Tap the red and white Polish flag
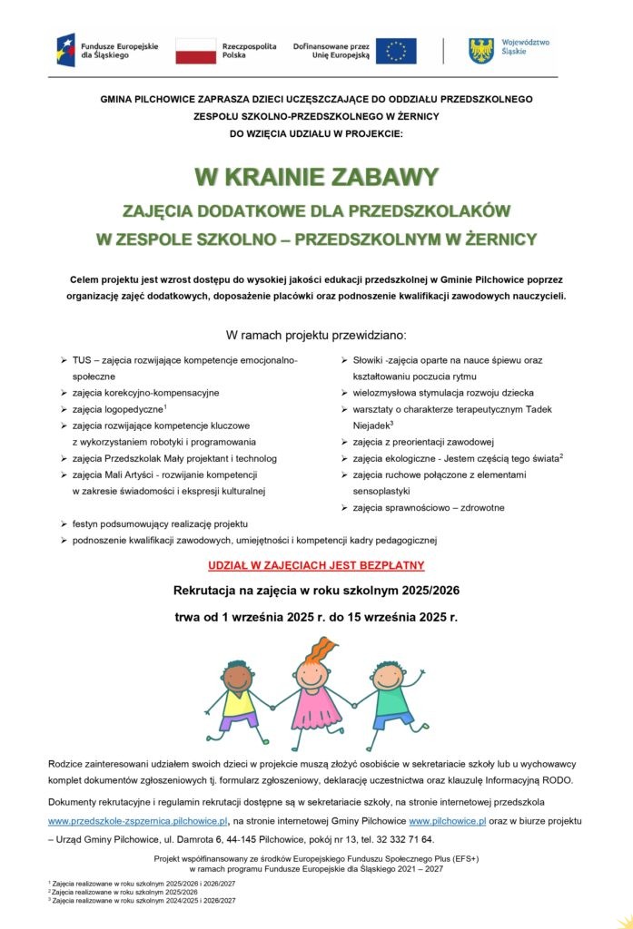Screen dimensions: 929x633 [x=195, y=50]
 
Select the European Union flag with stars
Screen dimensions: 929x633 [x=396, y=51]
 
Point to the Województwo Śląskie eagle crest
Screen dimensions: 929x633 [x=481, y=50]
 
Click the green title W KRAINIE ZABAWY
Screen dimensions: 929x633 [x=316, y=176]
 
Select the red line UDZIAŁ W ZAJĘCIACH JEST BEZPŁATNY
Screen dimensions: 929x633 [x=316, y=565]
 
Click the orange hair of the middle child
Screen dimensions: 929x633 [x=322, y=652]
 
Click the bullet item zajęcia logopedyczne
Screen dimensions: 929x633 [x=118, y=409]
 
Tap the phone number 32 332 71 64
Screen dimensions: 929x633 [x=408, y=838]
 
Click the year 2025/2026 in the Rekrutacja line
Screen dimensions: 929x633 [x=420, y=591]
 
